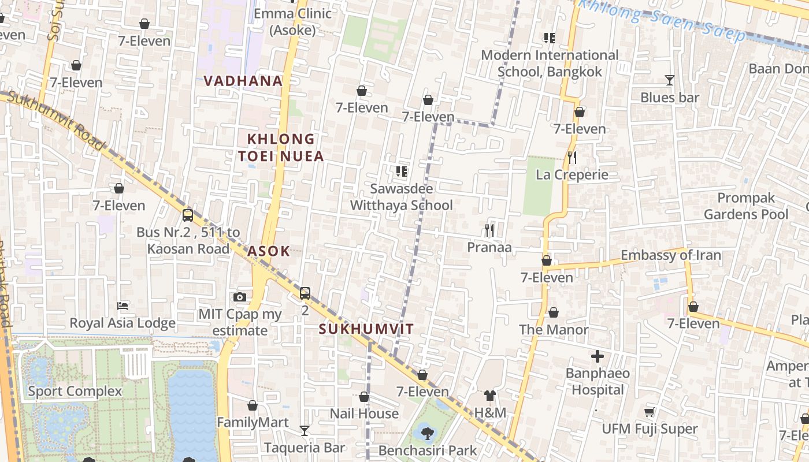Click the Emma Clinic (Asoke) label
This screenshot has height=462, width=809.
292,21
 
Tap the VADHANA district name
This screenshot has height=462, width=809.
243,81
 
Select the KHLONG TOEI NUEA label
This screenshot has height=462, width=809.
281,147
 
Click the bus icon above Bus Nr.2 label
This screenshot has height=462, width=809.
188,215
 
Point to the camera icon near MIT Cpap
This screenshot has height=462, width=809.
240,297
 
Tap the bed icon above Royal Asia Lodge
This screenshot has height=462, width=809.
123,305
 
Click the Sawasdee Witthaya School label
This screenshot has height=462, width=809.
402,197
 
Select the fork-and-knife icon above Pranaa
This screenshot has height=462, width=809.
489,230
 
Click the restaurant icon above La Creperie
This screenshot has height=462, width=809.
572,158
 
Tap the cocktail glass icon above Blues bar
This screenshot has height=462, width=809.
670,80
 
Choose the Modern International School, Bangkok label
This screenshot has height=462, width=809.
550,64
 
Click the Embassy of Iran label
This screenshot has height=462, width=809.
670,255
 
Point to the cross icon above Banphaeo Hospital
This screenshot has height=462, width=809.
598,356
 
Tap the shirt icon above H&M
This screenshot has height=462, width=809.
490,396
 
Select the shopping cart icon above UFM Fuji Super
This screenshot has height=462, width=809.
649,412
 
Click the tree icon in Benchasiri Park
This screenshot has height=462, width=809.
427,432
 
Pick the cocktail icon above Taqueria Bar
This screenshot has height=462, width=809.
305,430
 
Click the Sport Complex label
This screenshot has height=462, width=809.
75,391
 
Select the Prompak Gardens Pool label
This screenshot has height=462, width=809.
746,206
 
